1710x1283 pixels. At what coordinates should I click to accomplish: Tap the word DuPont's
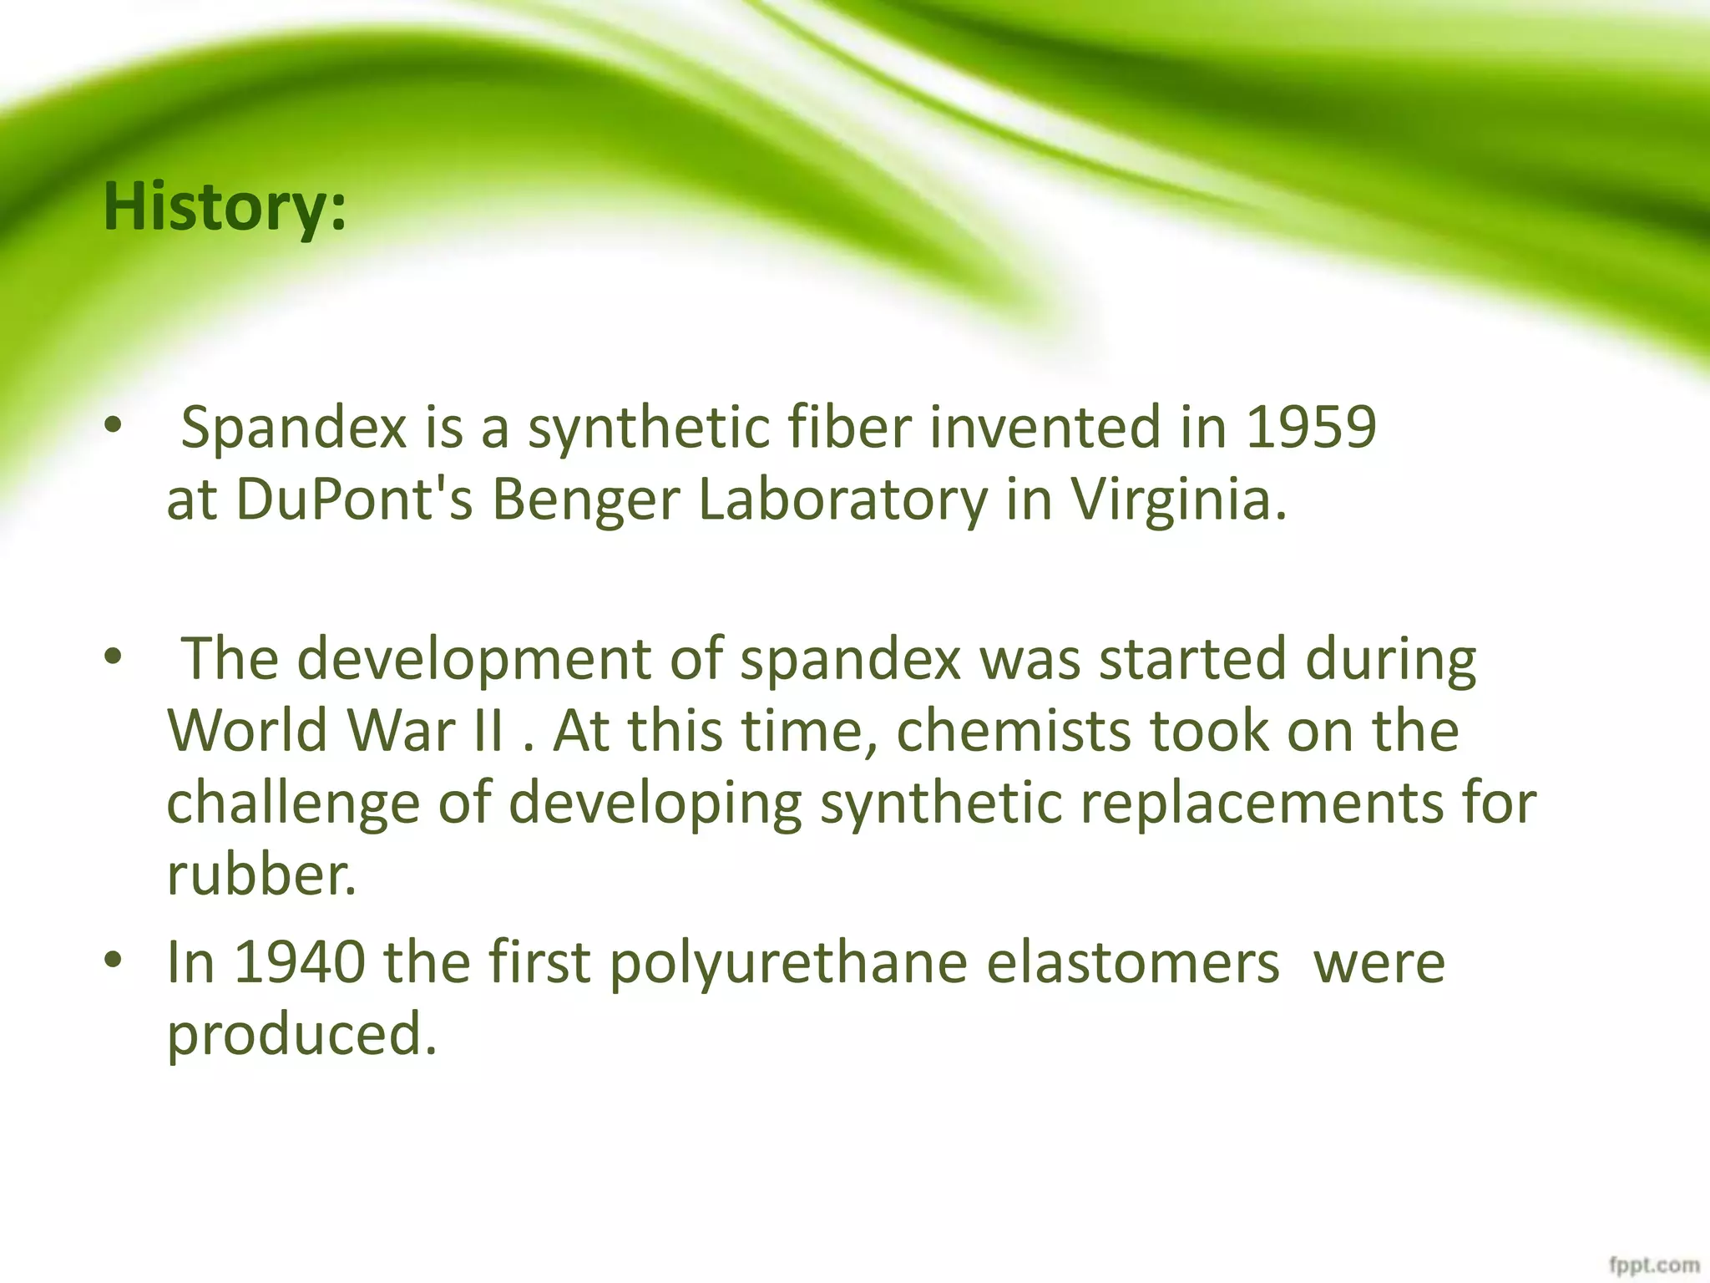(354, 500)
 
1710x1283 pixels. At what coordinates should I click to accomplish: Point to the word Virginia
(1178, 500)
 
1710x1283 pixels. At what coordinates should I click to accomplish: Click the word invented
(1045, 428)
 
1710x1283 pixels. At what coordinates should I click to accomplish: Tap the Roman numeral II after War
(488, 730)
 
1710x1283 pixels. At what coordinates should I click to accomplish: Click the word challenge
(293, 804)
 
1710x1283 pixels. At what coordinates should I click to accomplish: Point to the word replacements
(1262, 804)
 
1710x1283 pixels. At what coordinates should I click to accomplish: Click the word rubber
(261, 875)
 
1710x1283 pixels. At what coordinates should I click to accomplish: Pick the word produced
(301, 1034)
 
